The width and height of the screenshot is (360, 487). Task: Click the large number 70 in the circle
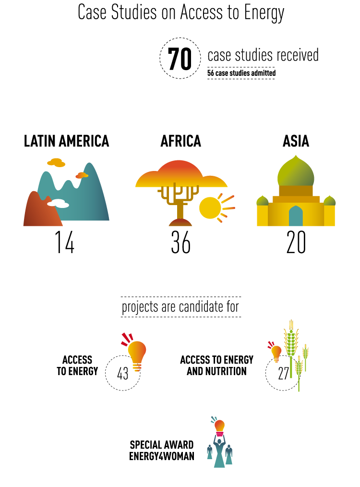180,59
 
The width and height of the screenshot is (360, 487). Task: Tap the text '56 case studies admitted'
241,73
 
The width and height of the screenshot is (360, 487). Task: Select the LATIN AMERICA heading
66,141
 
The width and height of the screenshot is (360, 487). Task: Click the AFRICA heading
180,141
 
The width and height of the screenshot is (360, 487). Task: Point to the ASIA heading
296,141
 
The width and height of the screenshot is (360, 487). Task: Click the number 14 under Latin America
64,242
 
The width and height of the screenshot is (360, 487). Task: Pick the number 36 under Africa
180,242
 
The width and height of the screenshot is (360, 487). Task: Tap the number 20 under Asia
296,242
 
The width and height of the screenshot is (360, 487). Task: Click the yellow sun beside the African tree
210,207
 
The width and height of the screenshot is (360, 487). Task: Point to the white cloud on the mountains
58,204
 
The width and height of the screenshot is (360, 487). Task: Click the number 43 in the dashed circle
122,373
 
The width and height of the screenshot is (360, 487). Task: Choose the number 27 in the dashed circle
283,373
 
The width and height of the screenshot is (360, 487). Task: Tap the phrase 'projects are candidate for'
180,307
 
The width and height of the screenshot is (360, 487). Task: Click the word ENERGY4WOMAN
162,456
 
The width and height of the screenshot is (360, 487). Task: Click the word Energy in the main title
264,13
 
